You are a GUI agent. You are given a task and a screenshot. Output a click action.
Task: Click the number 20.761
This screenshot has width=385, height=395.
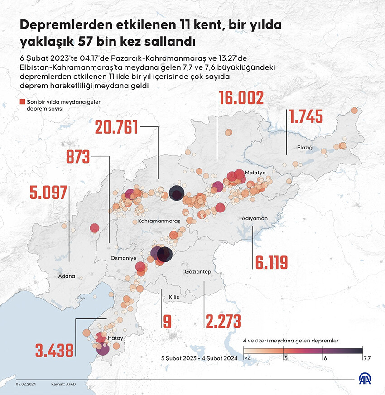click(116, 127)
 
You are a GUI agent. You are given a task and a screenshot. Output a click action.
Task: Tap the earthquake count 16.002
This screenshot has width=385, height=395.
click(241, 98)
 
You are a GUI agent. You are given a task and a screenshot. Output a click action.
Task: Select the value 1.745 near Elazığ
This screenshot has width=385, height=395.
click(306, 117)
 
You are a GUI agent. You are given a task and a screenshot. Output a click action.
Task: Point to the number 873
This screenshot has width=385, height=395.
click(78, 157)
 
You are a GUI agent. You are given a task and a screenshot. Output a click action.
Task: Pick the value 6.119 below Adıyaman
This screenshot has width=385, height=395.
click(272, 262)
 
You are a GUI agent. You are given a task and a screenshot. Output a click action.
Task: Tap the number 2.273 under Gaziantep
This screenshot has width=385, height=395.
click(222, 321)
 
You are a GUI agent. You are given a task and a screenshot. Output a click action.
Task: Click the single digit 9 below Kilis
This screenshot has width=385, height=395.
click(167, 321)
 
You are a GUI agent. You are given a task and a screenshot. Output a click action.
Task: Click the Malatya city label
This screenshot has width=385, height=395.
click(254, 173)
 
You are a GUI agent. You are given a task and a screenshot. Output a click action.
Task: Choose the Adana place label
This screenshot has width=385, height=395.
click(67, 275)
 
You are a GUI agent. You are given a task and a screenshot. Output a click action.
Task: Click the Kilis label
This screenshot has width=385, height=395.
click(174, 297)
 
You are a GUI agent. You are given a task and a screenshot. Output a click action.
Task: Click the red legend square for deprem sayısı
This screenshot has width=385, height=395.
click(23, 102)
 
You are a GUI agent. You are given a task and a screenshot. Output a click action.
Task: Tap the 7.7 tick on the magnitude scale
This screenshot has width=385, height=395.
click(367, 358)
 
